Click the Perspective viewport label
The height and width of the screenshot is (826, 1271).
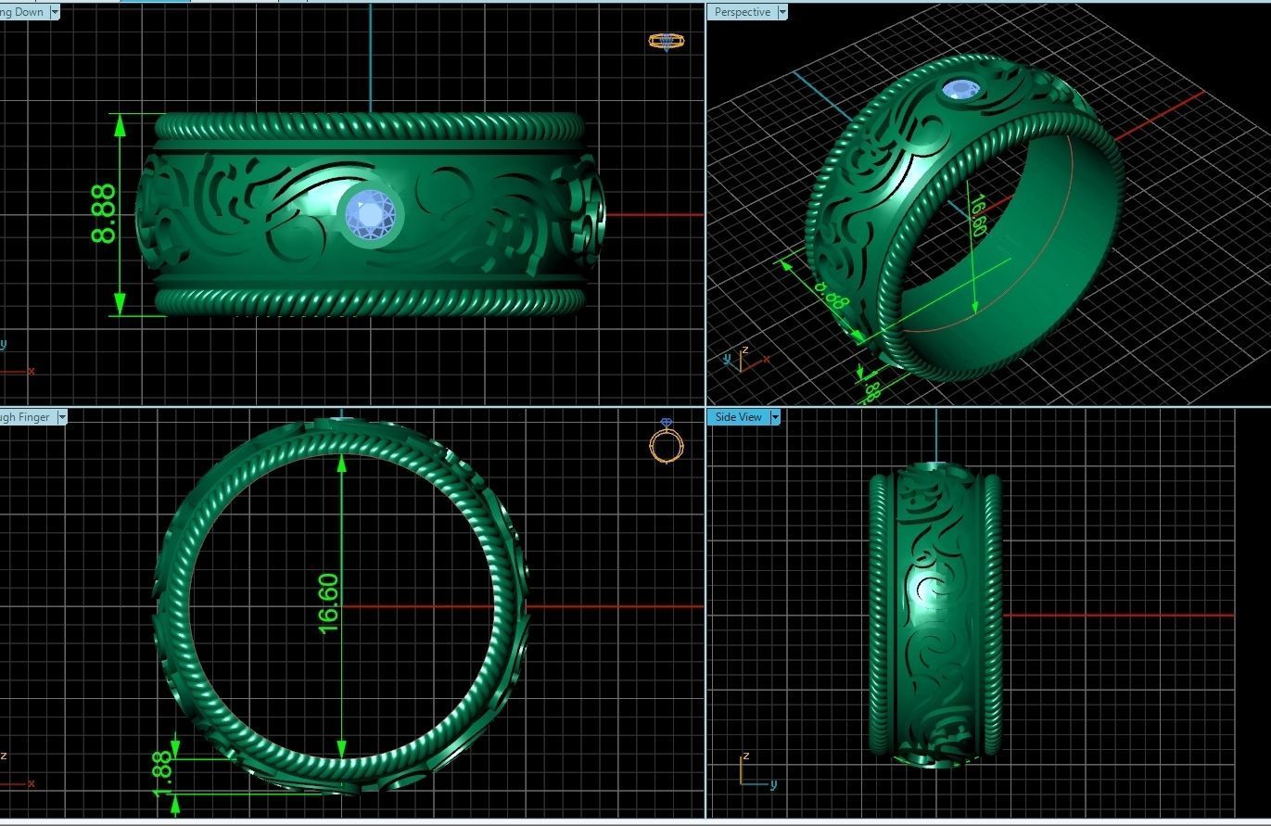[x=742, y=12]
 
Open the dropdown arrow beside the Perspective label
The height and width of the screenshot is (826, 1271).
[x=782, y=12]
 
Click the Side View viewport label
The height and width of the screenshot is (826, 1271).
[x=738, y=417]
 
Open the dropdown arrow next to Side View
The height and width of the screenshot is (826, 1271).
[x=775, y=417]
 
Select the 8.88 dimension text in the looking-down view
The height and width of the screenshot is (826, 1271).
[x=104, y=214]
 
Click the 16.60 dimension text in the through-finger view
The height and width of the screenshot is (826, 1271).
[x=328, y=603]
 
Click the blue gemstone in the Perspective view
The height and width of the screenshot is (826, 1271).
[x=960, y=90]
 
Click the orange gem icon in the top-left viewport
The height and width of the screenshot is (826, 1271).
[x=666, y=41]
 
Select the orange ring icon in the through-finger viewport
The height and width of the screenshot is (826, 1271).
[x=666, y=442]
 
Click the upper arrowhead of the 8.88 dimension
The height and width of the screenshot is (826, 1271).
[x=120, y=126]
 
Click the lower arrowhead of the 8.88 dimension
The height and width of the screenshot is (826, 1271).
[x=120, y=303]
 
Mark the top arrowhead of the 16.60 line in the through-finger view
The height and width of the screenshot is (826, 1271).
[x=342, y=463]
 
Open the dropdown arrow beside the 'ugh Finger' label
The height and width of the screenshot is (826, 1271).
[x=62, y=417]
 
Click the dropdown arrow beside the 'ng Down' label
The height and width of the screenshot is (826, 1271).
[x=55, y=12]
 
